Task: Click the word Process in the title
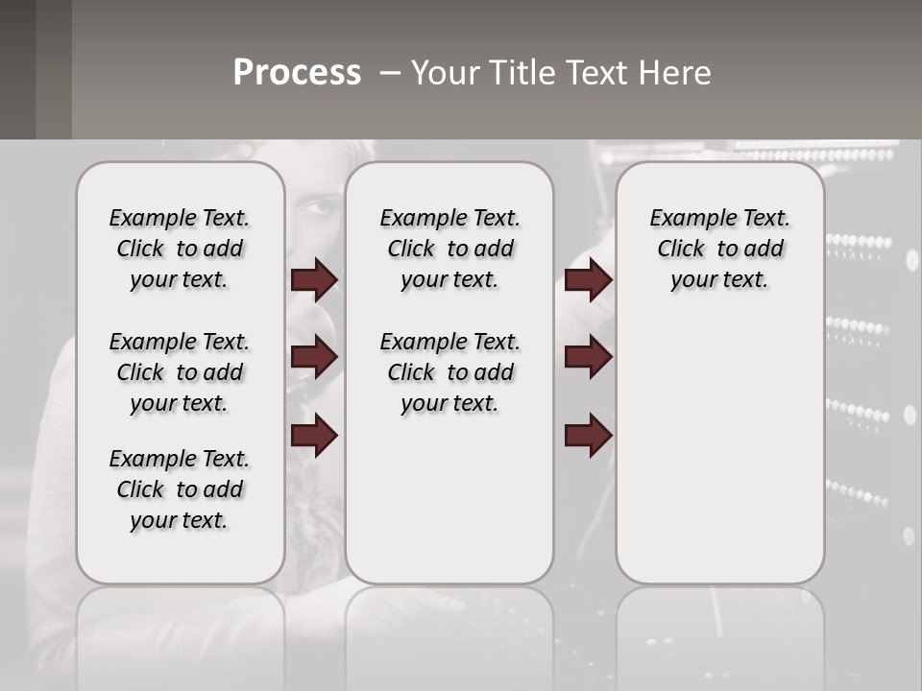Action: coord(297,73)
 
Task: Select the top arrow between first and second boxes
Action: coord(314,279)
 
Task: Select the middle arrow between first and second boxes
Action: coord(314,357)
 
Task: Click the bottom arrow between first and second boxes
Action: coord(314,436)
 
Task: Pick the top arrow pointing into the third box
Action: coord(588,279)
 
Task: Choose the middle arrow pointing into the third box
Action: coord(588,357)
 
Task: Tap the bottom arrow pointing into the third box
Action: coord(588,436)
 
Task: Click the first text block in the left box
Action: coord(180,249)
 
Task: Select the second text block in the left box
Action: coord(180,372)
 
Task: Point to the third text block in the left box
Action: coord(180,489)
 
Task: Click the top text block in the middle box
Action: coord(449,249)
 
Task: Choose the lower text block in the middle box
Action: coord(449,372)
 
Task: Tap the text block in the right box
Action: coord(719,249)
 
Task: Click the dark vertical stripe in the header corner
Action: coord(53,69)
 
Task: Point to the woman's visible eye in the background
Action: coord(324,205)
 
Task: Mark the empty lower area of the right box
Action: coord(719,461)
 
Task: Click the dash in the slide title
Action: coord(390,73)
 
